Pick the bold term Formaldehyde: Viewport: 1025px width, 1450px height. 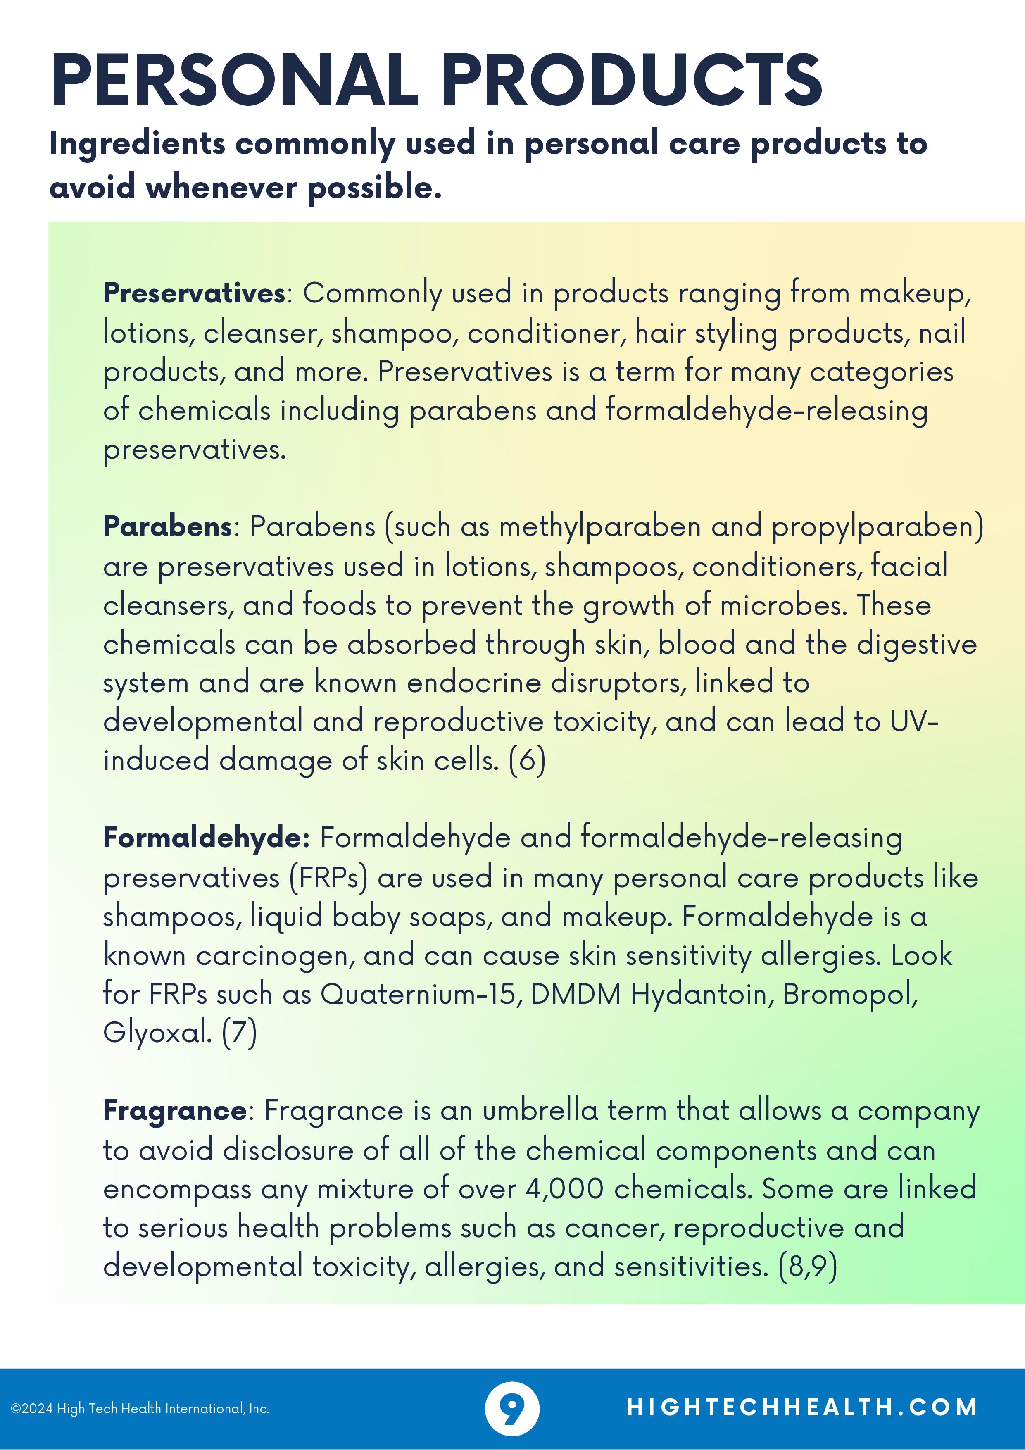[206, 838]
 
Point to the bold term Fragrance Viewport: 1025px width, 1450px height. [174, 1110]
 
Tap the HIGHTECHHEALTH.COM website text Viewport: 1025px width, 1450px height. [802, 1407]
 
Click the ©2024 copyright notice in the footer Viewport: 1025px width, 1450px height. [140, 1408]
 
